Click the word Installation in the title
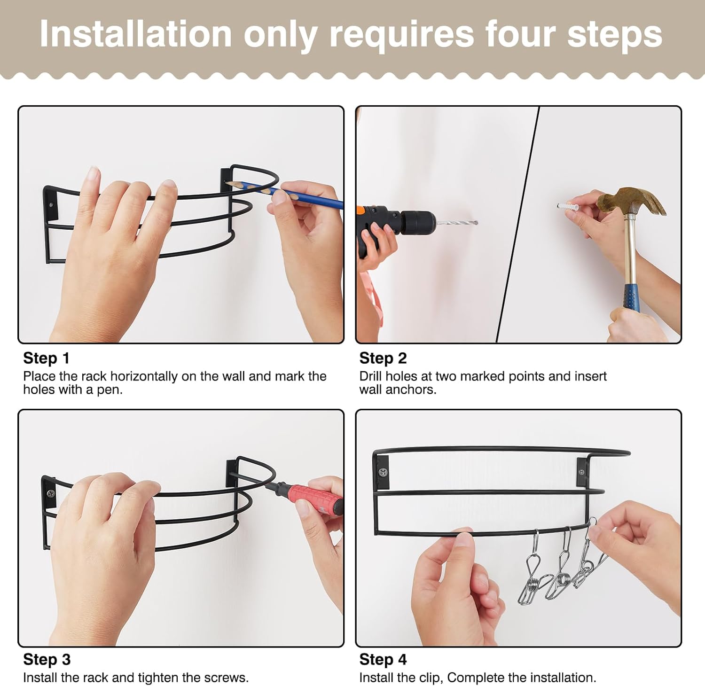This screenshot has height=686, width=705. point(136,34)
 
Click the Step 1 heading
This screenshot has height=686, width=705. point(46,358)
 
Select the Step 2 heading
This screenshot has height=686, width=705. point(383,358)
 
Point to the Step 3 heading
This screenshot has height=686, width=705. point(47,660)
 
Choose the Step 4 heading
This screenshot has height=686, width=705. point(383,660)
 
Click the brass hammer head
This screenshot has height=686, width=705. point(632,200)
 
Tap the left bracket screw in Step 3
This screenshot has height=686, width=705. point(50,493)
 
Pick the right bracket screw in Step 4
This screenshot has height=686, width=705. point(582,472)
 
